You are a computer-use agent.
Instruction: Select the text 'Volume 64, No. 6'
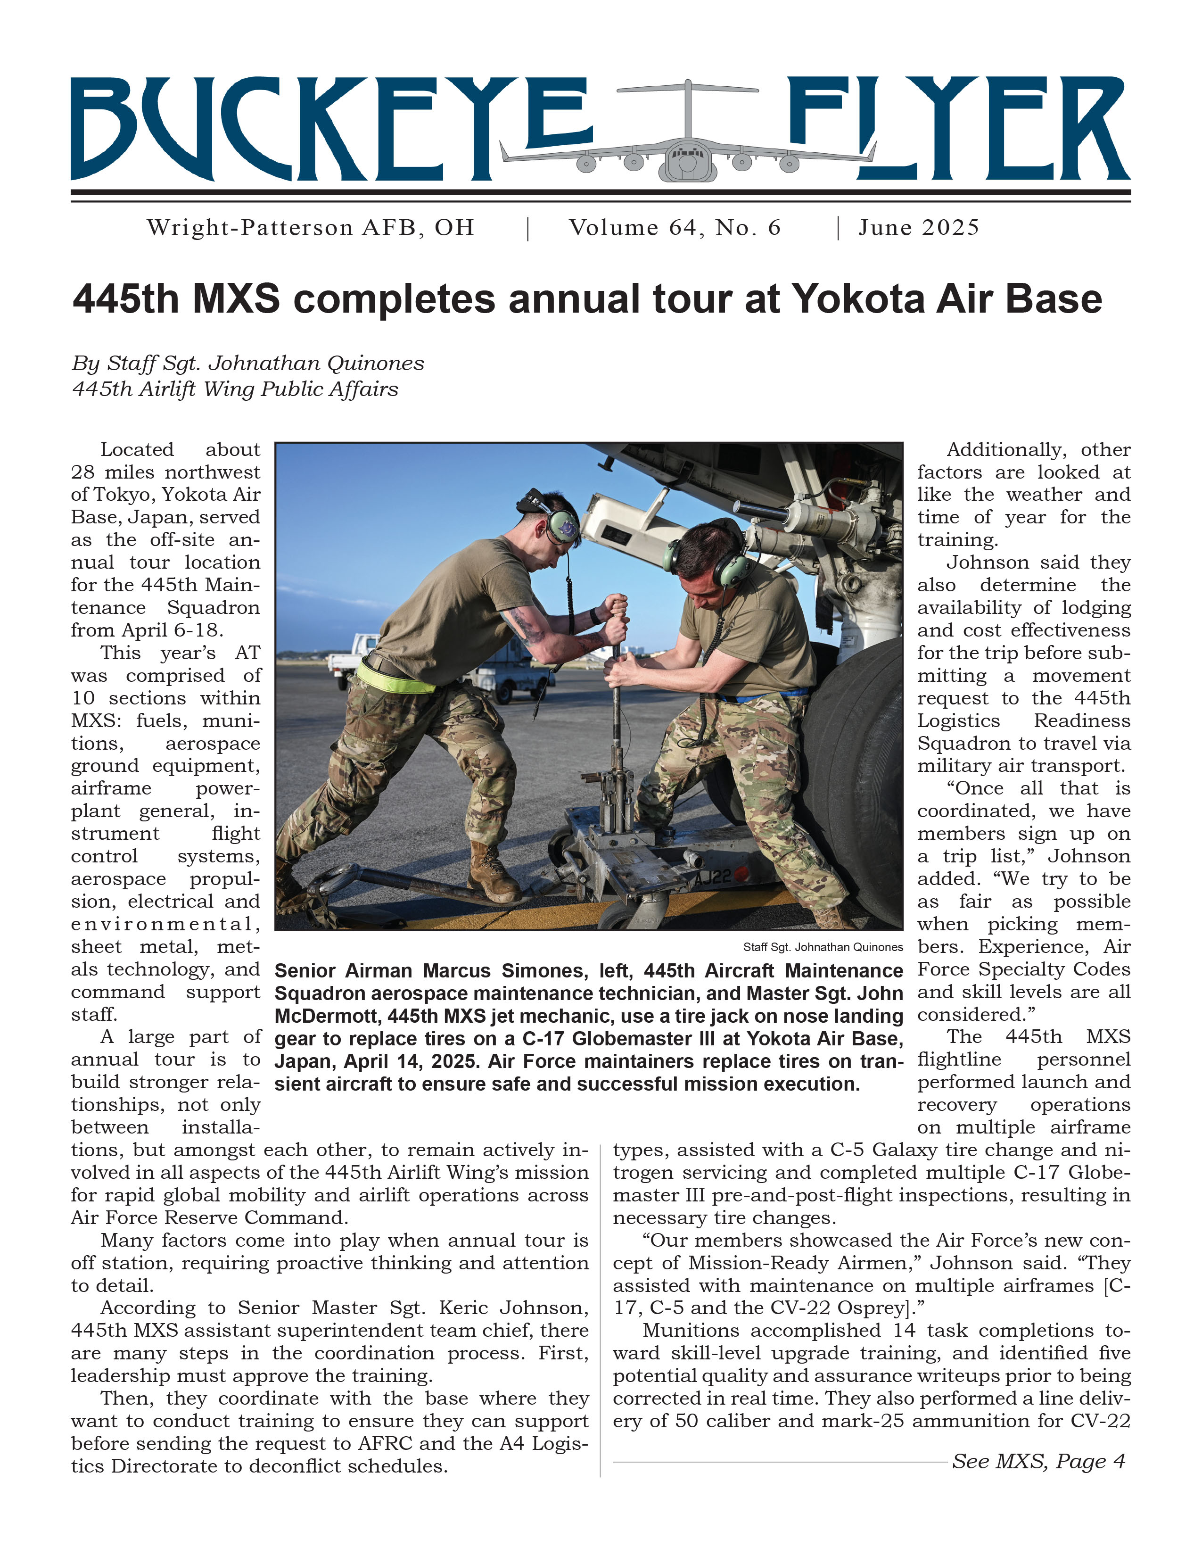tap(675, 228)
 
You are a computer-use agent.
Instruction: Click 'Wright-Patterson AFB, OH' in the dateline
tap(311, 228)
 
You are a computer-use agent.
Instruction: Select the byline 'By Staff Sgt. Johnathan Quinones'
tap(248, 364)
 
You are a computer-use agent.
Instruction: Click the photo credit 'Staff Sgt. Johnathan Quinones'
tap(823, 947)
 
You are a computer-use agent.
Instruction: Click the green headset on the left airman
tap(561, 526)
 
